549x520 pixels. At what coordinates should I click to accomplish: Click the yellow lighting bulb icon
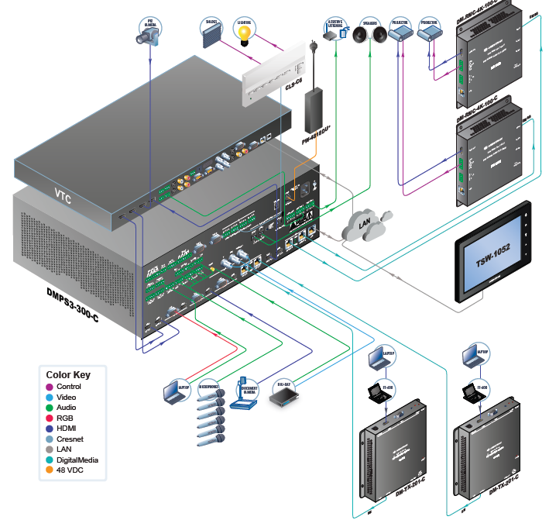[244, 34]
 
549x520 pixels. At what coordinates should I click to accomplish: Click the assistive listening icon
[335, 32]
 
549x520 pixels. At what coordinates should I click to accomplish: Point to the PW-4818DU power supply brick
[316, 111]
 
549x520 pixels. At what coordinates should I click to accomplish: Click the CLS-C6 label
[294, 86]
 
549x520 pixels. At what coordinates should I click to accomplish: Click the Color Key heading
[68, 375]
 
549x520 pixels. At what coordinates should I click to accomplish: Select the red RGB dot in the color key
[50, 418]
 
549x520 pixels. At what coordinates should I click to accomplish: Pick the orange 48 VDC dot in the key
[50, 470]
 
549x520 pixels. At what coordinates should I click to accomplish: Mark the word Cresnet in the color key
[72, 439]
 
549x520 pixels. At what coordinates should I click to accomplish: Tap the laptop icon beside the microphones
[176, 393]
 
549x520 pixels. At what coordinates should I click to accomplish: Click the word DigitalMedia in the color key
[81, 460]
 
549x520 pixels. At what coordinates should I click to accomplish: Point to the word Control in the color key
[70, 387]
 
